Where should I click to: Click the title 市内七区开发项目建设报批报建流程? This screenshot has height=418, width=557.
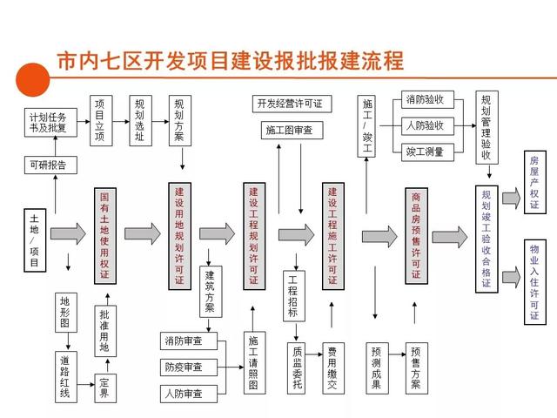click(230, 61)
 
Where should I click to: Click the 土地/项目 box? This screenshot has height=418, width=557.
click(35, 238)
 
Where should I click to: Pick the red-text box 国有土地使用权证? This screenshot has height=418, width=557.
click(104, 235)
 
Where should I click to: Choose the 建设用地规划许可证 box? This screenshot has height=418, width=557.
click(179, 235)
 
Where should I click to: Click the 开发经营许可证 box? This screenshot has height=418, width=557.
click(289, 104)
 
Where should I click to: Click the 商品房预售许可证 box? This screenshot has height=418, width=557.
click(416, 235)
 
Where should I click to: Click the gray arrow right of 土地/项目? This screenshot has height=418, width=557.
click(68, 233)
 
